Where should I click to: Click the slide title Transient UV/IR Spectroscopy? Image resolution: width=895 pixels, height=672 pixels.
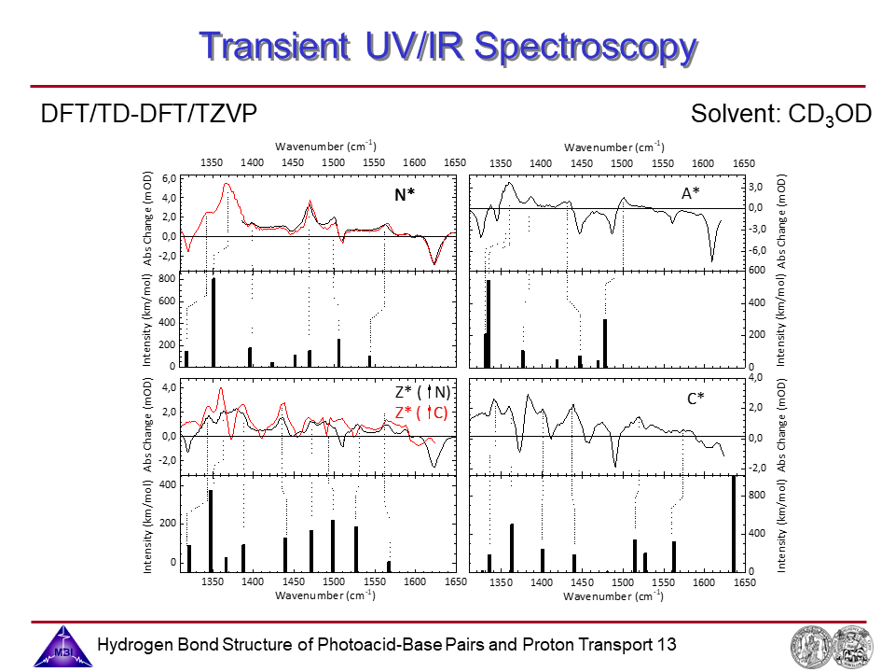click(447, 46)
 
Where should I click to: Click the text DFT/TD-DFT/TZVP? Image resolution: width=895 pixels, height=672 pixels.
click(148, 115)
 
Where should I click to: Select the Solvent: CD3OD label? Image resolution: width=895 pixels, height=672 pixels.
click(780, 115)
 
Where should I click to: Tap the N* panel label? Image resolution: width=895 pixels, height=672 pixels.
click(404, 196)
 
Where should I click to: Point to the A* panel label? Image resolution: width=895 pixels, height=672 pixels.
click(691, 192)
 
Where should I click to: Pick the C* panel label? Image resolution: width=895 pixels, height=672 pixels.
click(695, 399)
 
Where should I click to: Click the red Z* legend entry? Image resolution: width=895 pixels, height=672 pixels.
click(421, 413)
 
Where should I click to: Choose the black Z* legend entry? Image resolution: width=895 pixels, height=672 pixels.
click(422, 393)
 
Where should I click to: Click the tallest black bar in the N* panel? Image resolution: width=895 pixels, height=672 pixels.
click(213, 321)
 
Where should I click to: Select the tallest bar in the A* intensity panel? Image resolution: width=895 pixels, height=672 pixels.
click(489, 322)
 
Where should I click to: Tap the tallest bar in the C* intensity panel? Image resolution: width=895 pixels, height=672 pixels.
click(734, 523)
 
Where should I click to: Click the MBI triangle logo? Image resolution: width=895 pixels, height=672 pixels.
click(62, 646)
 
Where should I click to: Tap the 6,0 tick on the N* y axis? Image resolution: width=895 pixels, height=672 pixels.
click(168, 178)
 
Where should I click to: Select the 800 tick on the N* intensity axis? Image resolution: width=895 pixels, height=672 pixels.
click(167, 279)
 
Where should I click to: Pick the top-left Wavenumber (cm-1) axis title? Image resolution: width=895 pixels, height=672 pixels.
click(325, 146)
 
